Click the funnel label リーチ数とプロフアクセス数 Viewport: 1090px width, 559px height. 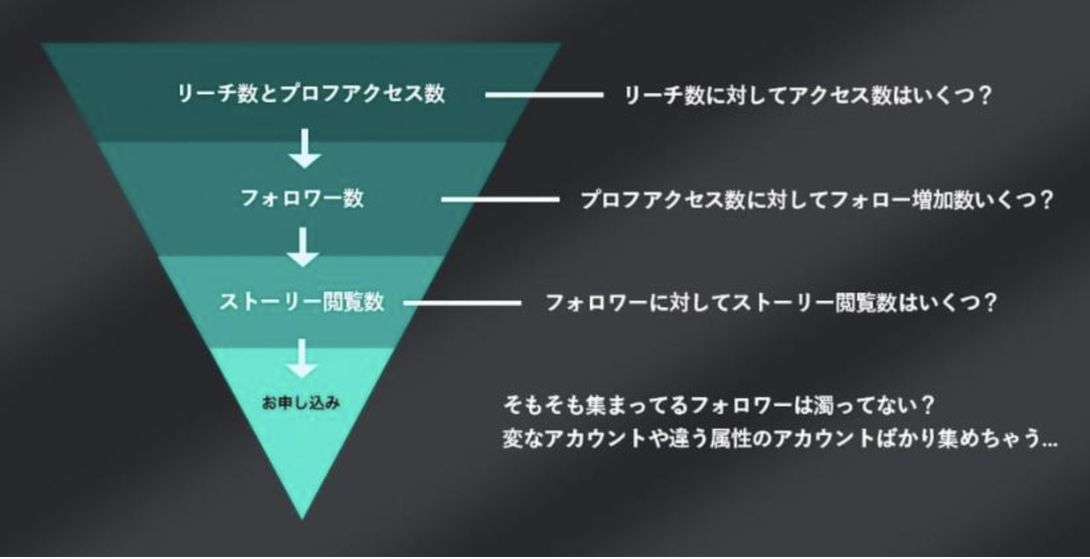311,93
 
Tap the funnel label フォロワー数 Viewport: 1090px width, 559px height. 302,198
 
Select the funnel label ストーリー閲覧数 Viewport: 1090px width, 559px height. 302,302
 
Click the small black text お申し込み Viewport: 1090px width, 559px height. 301,402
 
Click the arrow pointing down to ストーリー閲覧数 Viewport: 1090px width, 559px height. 304,247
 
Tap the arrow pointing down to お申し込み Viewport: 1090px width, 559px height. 302,358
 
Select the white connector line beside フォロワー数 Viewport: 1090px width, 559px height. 501,199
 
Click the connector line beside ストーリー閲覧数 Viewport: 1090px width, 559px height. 462,303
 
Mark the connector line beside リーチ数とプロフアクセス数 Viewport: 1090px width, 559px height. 544,94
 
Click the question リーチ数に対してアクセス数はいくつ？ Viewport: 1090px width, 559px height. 808,96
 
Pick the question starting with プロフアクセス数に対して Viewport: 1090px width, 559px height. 816,200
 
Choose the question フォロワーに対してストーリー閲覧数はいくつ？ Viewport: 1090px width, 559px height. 771,303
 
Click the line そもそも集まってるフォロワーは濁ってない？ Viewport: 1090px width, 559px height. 718,405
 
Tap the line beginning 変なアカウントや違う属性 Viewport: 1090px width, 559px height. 779,439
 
